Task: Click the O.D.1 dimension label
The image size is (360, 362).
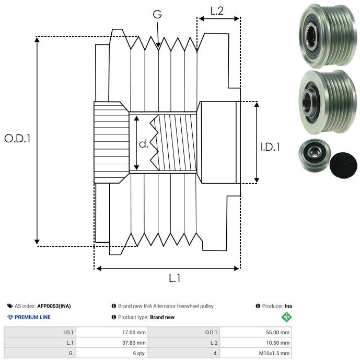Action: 18,139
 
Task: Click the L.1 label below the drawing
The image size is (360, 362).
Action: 175,278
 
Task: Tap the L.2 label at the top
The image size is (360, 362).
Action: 217,10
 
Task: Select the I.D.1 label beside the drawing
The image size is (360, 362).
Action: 270,148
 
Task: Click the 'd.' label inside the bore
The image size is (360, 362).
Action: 143,143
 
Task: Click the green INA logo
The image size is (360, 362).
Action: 286,317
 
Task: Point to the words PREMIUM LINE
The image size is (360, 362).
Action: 32,317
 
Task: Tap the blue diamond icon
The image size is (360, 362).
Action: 10,317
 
